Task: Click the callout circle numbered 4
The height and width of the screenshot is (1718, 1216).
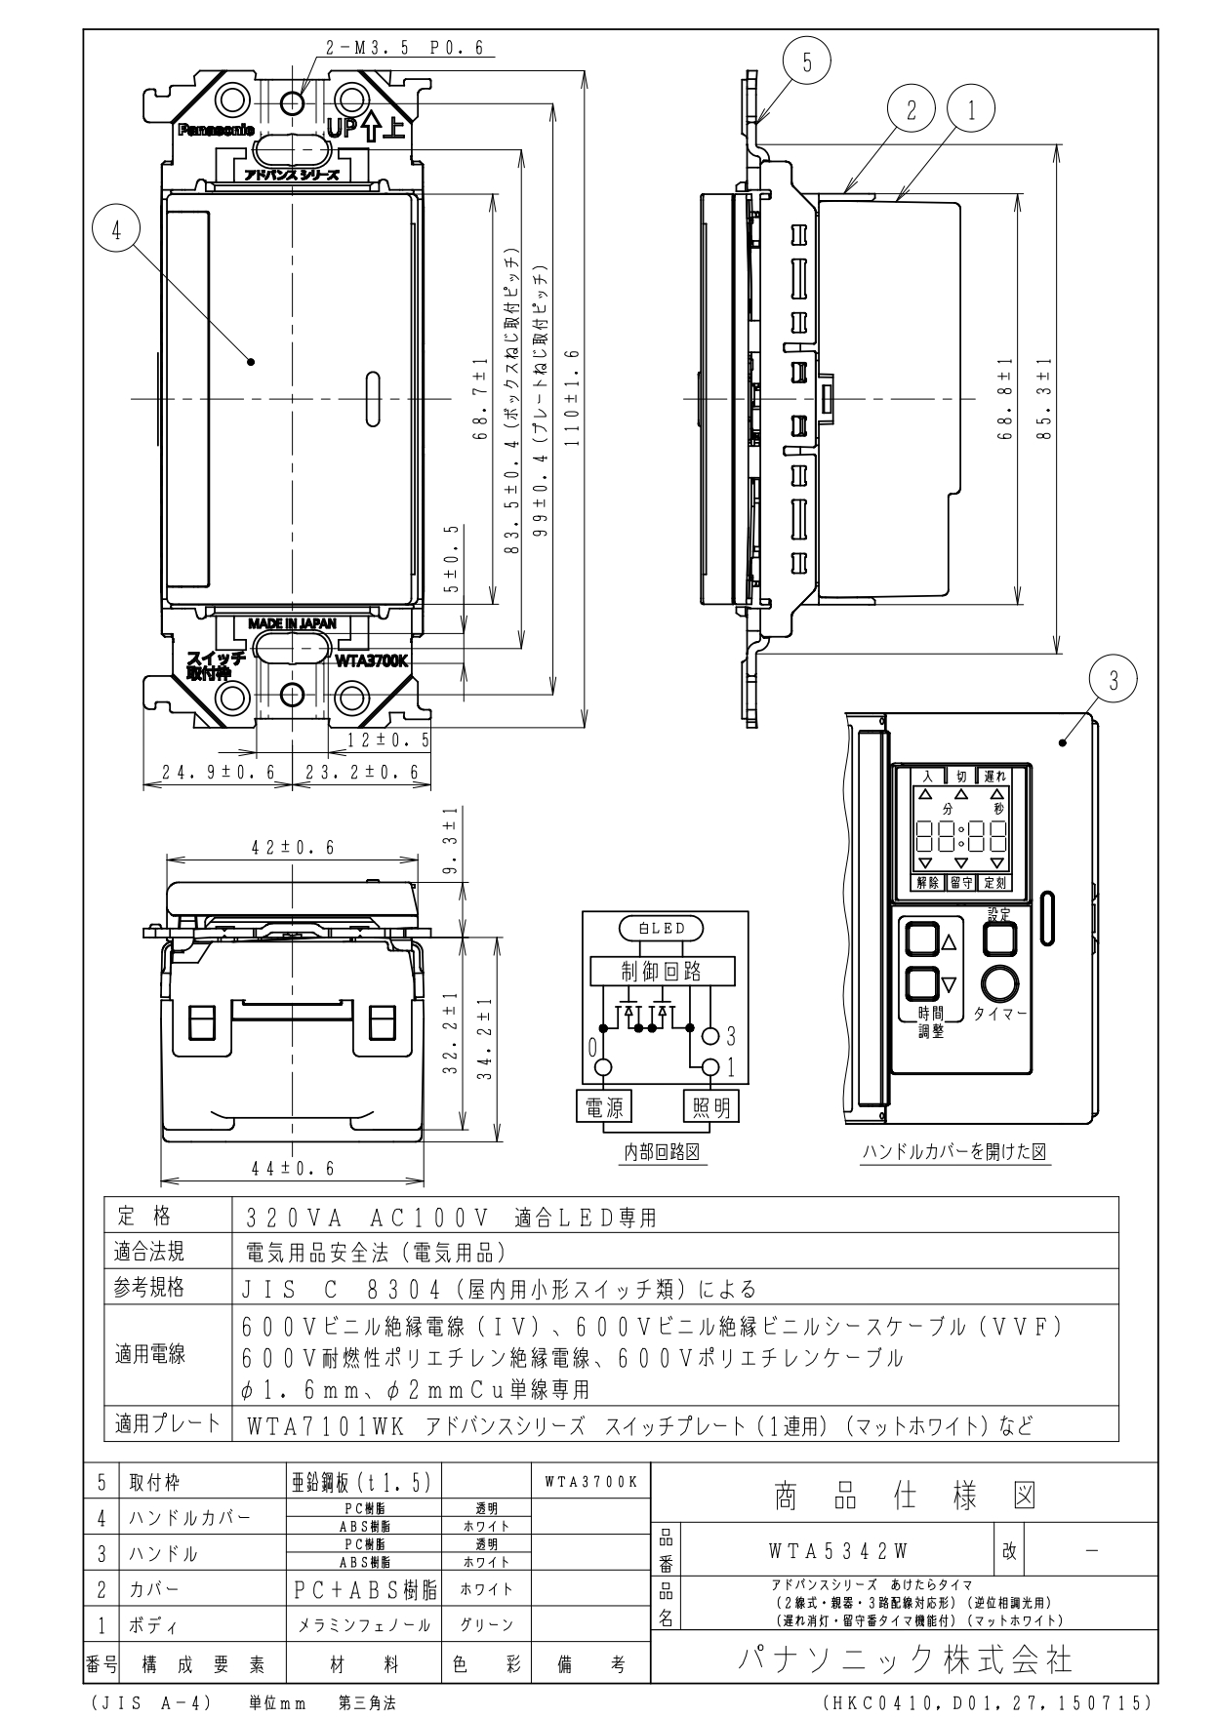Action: pos(116,233)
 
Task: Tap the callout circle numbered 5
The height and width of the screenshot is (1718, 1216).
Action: pos(807,62)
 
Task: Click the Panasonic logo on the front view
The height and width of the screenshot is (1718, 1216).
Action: pos(216,129)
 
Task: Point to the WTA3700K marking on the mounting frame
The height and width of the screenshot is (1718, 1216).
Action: pos(371,660)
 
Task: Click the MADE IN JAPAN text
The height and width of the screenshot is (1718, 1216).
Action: pos(292,623)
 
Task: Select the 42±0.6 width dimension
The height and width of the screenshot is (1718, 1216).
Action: pos(292,848)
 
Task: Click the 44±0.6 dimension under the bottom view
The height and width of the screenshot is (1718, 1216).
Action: pos(292,1168)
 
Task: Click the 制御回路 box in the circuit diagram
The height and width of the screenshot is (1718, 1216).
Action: pos(662,971)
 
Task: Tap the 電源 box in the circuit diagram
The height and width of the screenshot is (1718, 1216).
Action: pos(604,1106)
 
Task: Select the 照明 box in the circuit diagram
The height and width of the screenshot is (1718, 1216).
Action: pos(710,1106)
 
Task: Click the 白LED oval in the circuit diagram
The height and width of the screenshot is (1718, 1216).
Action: pos(662,928)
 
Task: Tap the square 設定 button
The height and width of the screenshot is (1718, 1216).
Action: pos(999,939)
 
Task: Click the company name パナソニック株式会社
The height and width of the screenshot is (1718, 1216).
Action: pos(904,1659)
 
